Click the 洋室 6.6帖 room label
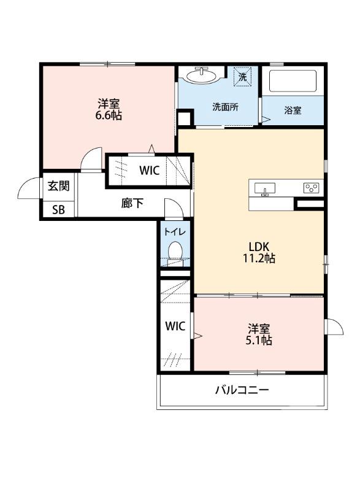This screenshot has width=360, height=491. click(108, 109)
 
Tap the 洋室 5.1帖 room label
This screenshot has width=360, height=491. click(259, 334)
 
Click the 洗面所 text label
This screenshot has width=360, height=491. click(225, 106)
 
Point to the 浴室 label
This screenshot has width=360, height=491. click(293, 110)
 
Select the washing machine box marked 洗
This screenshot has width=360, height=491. click(243, 77)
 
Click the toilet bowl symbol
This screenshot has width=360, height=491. click(175, 252)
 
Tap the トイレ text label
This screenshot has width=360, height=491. click(175, 231)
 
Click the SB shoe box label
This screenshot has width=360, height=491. click(58, 209)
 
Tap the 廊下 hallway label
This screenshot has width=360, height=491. click(132, 203)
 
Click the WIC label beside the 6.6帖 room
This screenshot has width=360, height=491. click(149, 171)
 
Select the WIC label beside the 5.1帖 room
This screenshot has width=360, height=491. click(175, 327)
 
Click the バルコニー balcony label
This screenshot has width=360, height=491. click(242, 390)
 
